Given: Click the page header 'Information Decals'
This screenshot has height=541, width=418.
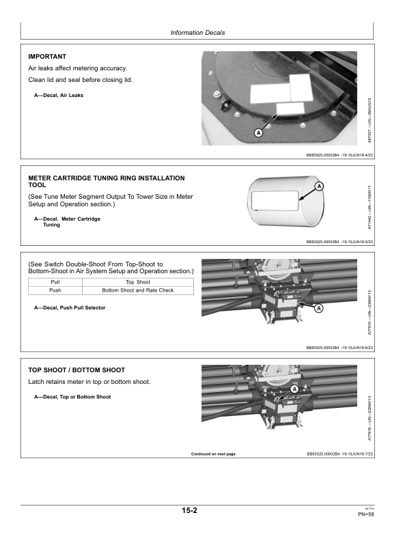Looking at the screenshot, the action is [x=197, y=33].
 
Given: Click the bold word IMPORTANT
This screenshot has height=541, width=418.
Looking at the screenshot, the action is [x=47, y=57].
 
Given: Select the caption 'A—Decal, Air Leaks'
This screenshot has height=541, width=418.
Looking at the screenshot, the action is [x=59, y=95].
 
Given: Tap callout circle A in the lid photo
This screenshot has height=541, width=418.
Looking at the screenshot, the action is [x=258, y=133].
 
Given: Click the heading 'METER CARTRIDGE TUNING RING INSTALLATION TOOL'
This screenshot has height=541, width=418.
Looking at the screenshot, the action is [x=107, y=182].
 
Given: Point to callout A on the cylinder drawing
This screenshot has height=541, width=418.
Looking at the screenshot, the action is [x=320, y=186].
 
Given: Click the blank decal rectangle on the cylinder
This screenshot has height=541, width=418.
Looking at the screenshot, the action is [x=275, y=200].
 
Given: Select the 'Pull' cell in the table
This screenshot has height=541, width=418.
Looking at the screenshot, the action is [x=55, y=282].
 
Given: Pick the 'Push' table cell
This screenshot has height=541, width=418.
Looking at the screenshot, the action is [x=55, y=290].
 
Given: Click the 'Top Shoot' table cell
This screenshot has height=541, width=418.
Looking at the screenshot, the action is [x=138, y=282].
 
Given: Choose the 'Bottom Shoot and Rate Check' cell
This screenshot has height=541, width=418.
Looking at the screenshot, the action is [x=138, y=290].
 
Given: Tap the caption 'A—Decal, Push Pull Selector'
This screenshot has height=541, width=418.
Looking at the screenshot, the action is [x=70, y=308].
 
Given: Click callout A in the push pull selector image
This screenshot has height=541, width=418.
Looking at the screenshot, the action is [x=319, y=308].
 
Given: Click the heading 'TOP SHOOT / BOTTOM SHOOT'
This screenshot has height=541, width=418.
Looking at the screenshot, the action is [x=76, y=370].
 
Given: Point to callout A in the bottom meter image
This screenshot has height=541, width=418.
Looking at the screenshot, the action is [x=294, y=389].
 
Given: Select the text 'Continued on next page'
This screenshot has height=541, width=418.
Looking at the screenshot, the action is [x=213, y=454].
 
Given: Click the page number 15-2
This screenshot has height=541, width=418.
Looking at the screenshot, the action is [x=190, y=511].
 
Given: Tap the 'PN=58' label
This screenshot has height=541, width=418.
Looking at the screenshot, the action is [x=366, y=514].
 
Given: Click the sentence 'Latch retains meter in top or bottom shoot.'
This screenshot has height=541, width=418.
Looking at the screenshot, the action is [x=89, y=382].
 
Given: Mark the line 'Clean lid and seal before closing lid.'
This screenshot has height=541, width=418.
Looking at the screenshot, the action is [x=81, y=80].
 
